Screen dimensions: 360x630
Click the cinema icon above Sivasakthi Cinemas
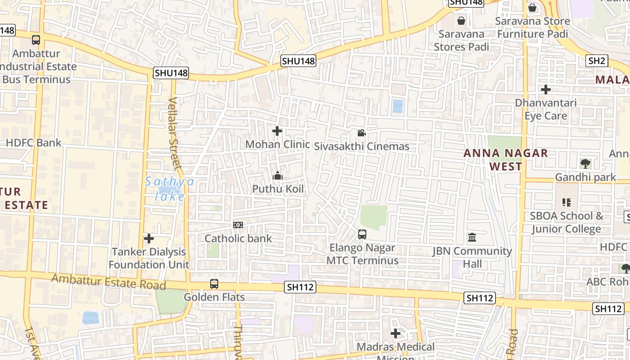click(361, 133)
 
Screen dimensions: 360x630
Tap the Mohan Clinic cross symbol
click(277, 131)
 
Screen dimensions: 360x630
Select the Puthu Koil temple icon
click(278, 175)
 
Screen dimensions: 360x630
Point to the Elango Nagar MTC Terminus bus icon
click(362, 234)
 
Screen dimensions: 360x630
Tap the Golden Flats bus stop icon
click(214, 284)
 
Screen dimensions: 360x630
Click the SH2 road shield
click(597, 61)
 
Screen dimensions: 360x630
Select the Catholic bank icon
click(238, 225)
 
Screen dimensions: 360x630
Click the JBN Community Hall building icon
click(472, 237)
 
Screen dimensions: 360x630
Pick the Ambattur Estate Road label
click(108, 282)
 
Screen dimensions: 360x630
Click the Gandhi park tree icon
click(585, 164)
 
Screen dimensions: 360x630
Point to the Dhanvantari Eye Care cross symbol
click(546, 90)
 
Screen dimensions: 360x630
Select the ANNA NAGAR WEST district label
click(506, 159)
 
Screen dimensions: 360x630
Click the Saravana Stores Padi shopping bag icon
click(461, 21)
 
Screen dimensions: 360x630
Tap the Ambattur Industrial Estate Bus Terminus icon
click(36, 40)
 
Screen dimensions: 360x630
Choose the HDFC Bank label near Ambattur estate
click(33, 143)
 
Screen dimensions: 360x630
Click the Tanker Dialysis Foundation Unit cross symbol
click(149, 238)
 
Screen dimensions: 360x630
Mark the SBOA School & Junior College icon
click(566, 202)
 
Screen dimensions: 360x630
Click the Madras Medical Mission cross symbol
click(396, 333)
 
